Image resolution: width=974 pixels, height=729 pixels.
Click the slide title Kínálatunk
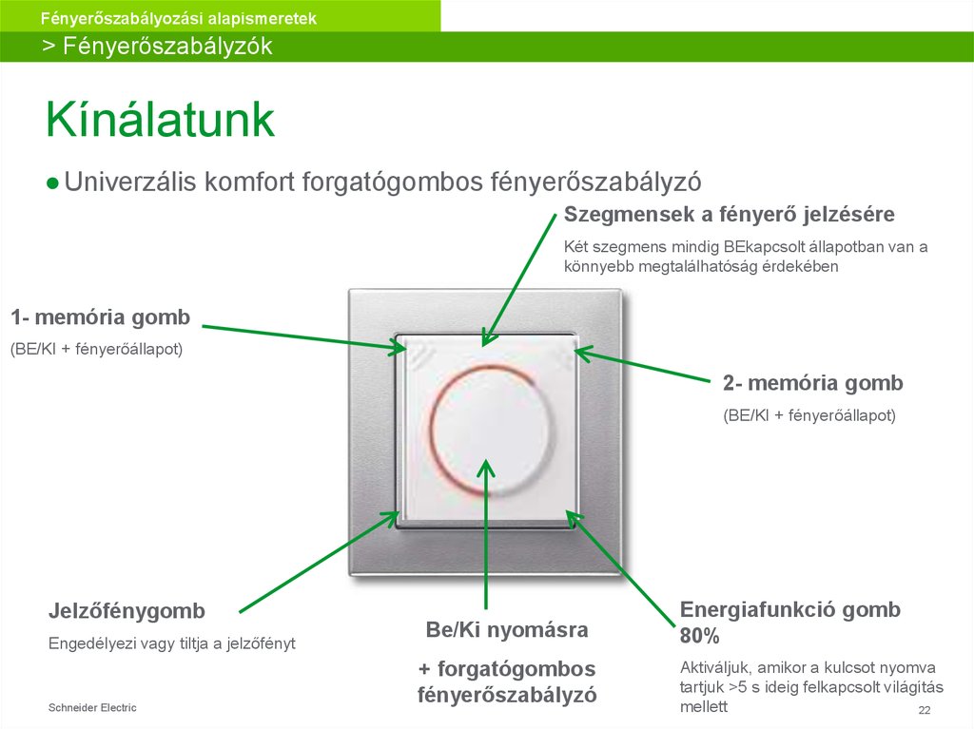tap(161, 121)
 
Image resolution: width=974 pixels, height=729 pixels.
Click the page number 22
tap(923, 712)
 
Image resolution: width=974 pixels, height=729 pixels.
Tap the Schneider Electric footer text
tap(92, 707)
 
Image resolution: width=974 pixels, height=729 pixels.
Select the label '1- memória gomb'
tap(100, 317)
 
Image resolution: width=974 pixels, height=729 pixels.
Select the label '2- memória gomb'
tap(812, 383)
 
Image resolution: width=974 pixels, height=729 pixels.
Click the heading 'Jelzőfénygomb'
tap(127, 610)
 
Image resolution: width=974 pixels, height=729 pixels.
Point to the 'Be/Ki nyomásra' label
tap(507, 629)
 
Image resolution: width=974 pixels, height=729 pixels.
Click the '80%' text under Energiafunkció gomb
tap(699, 636)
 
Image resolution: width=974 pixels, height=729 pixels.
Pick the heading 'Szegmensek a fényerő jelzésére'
tap(730, 213)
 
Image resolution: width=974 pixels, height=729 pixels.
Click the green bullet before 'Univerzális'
tap(54, 182)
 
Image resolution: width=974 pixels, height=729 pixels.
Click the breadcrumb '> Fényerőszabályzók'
tap(157, 47)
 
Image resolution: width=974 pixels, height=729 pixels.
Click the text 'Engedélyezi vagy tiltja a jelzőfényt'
tap(172, 643)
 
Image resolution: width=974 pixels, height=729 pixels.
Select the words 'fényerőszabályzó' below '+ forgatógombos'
tap(507, 695)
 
